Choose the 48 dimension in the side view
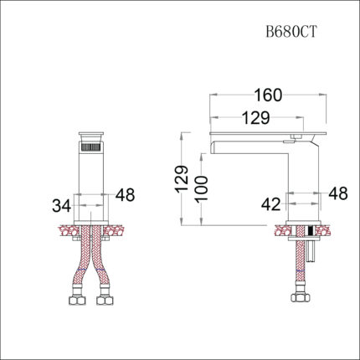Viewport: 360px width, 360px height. tap(337, 193)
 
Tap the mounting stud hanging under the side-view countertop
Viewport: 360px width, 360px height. tap(309, 248)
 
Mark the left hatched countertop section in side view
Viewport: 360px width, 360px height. tap(280, 229)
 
